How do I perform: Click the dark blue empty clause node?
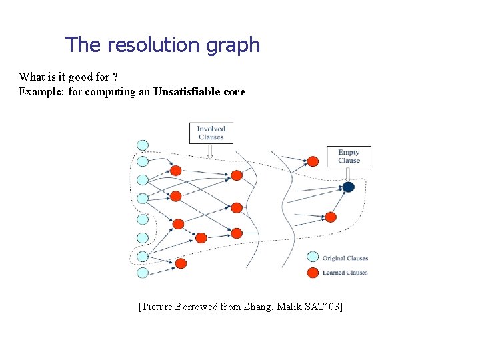(348, 187)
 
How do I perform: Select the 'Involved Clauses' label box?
(211, 133)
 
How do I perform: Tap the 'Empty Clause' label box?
(349, 156)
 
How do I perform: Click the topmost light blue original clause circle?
(142, 145)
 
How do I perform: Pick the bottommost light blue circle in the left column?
(142, 272)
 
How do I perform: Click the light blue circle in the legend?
(313, 257)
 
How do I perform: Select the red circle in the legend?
(313, 272)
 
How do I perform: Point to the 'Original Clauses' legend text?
(345, 258)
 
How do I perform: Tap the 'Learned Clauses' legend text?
(345, 273)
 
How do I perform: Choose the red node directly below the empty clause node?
(331, 217)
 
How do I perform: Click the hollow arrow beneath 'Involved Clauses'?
(211, 152)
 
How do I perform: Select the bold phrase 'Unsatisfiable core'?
(199, 91)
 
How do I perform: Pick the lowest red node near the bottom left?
(181, 263)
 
